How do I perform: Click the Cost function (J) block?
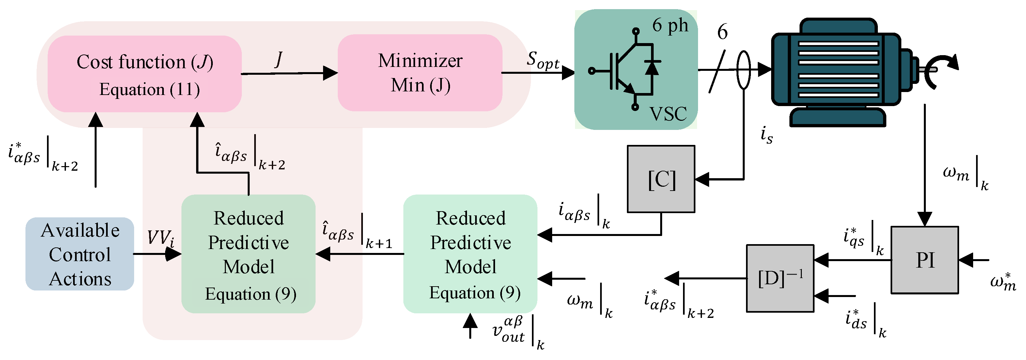(x=145, y=74)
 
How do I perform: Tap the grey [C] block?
(x=661, y=179)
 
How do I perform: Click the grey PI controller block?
(x=925, y=260)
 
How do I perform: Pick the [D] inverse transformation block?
(x=780, y=278)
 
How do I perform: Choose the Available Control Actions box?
(x=80, y=254)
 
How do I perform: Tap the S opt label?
(x=543, y=60)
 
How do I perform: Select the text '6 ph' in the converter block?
(x=670, y=25)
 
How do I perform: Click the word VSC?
(x=668, y=114)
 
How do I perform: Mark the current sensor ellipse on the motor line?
(x=743, y=70)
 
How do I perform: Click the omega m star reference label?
(x=1003, y=282)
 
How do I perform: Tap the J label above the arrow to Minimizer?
(x=279, y=59)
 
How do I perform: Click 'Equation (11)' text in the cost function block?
(x=149, y=89)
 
